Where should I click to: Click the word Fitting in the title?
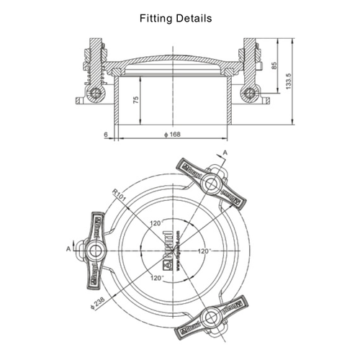click(x=156, y=19)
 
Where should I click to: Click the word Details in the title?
click(x=194, y=19)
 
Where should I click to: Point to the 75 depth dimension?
click(x=136, y=100)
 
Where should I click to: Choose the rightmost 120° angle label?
click(x=205, y=251)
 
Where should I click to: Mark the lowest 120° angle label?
click(x=158, y=276)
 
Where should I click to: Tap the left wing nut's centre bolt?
click(x=95, y=250)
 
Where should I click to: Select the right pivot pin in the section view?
click(x=249, y=92)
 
